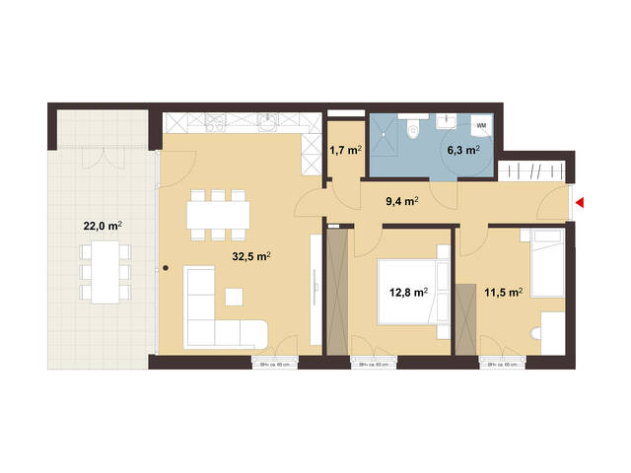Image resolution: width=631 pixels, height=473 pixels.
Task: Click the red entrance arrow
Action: click(x=580, y=203)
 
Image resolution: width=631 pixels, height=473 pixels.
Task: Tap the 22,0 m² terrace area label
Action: click(x=102, y=226)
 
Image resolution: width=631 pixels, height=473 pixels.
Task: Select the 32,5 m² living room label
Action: click(x=250, y=255)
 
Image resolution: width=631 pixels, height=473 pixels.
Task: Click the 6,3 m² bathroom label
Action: click(x=462, y=151)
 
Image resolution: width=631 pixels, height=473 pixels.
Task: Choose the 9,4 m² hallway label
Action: click(x=401, y=201)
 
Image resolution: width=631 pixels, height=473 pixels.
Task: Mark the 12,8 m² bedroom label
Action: click(x=407, y=292)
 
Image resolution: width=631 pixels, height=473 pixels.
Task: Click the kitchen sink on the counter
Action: click(x=267, y=123)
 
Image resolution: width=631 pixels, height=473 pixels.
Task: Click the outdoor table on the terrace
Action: click(x=102, y=272)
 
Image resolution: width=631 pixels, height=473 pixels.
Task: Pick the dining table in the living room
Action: click(x=217, y=213)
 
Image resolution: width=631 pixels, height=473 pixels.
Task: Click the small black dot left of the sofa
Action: click(x=166, y=268)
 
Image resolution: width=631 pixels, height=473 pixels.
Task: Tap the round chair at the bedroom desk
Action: click(x=537, y=336)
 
